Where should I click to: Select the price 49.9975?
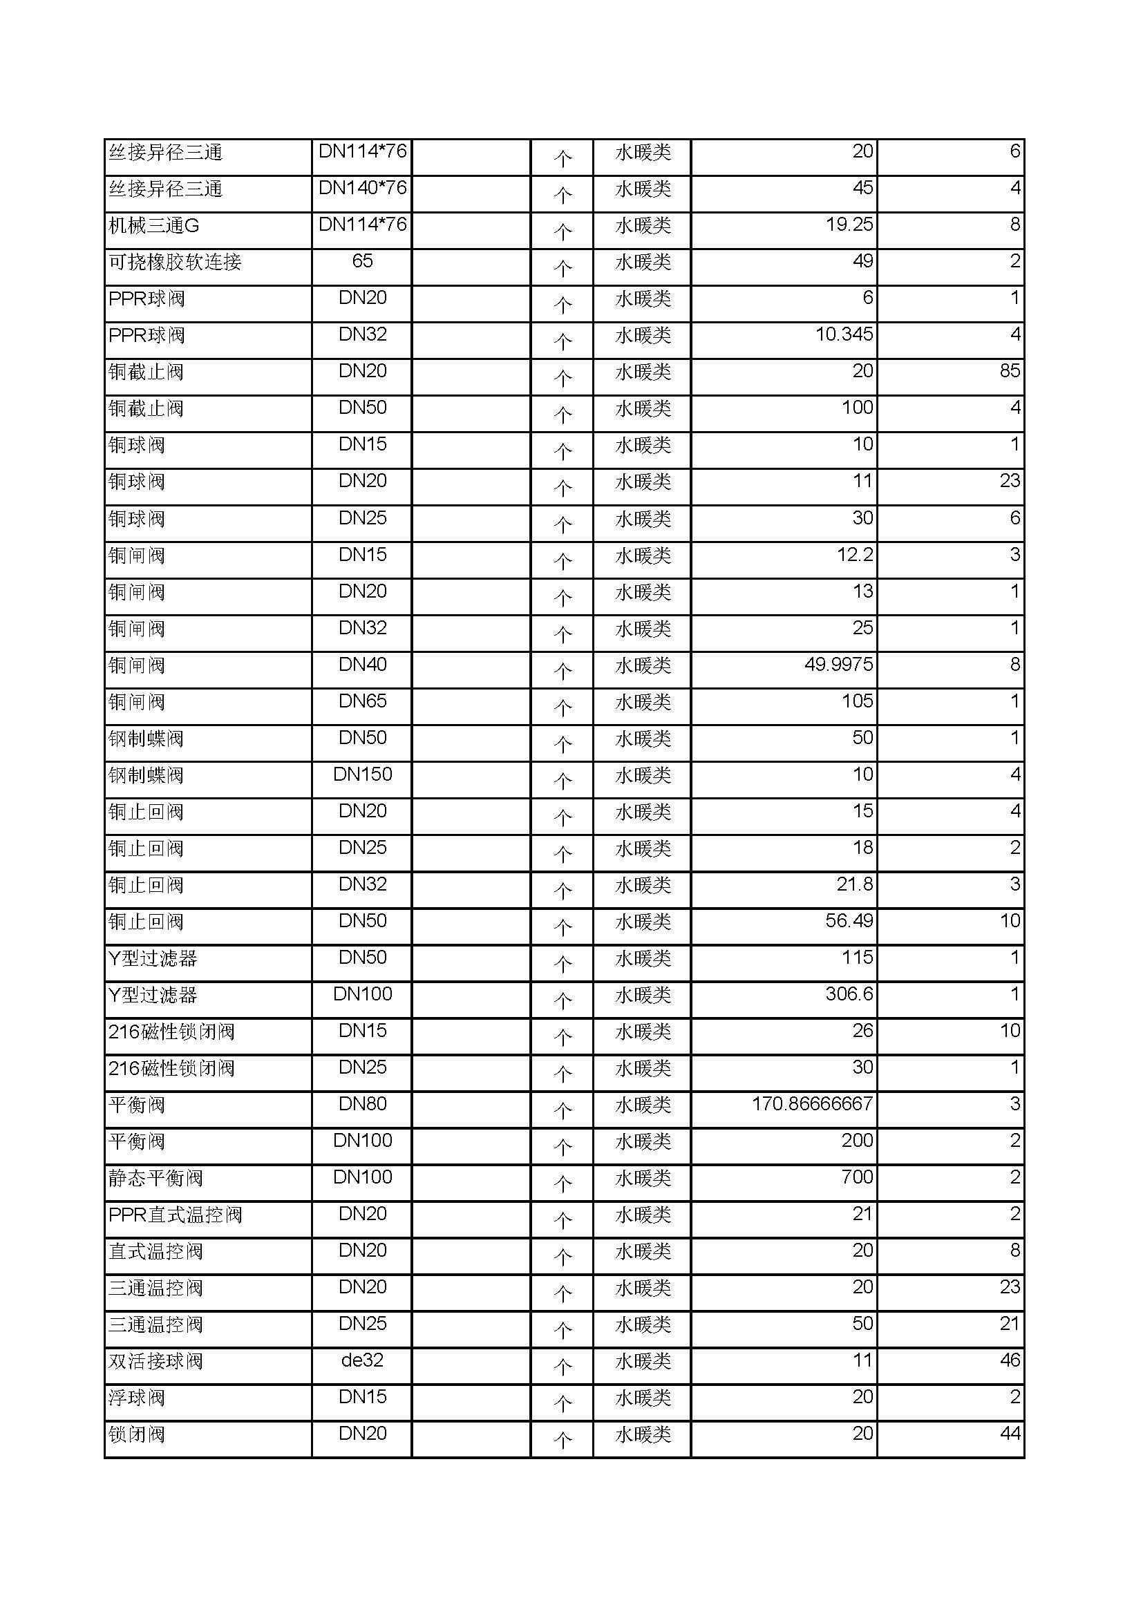click(x=838, y=664)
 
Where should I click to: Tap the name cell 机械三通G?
click(x=153, y=225)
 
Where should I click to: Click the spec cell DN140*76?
click(x=363, y=188)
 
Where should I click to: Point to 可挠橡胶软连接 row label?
click(x=175, y=262)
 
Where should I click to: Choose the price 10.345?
click(x=844, y=334)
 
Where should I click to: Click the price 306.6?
click(x=849, y=994)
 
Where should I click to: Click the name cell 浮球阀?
click(x=137, y=1397)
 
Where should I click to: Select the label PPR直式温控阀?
click(x=176, y=1214)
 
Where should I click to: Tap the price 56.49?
click(x=849, y=920)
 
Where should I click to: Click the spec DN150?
click(x=363, y=774)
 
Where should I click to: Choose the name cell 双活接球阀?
click(x=155, y=1360)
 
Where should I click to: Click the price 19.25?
click(x=849, y=225)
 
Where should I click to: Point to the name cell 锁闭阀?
click(x=137, y=1434)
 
